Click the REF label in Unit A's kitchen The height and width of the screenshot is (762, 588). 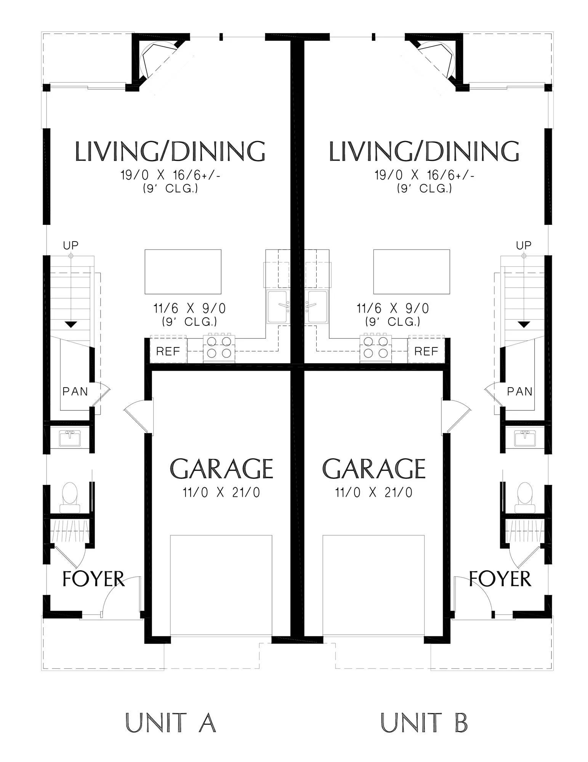(168, 351)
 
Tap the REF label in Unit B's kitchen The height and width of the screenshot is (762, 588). (426, 351)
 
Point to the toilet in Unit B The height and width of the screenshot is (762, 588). (524, 497)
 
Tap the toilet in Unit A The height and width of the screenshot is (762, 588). (70, 497)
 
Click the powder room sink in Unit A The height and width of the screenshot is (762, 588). (70, 438)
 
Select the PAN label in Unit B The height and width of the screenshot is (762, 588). (519, 391)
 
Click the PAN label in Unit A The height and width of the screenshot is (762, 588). (75, 391)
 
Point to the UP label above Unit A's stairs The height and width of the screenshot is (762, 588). (70, 245)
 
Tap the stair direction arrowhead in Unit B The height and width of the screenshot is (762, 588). (524, 325)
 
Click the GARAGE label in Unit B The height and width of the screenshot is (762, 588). (374, 468)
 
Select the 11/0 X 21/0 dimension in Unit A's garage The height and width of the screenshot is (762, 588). (221, 493)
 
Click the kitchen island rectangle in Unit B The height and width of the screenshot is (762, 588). (412, 272)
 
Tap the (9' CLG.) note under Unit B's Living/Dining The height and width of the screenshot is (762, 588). (425, 188)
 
